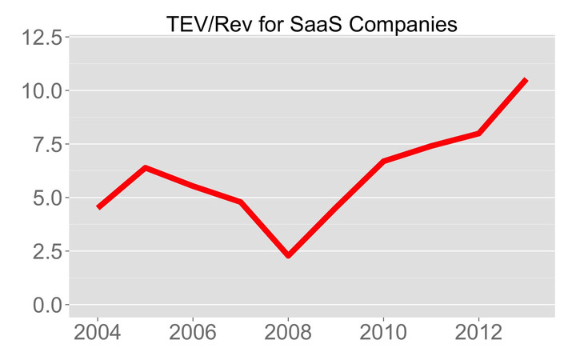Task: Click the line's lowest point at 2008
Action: point(288,255)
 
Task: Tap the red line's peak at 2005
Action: point(145,168)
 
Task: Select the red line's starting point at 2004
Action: point(98,207)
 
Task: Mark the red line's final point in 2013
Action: point(526,80)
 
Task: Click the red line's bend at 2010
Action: point(383,162)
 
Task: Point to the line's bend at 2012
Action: point(478,134)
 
